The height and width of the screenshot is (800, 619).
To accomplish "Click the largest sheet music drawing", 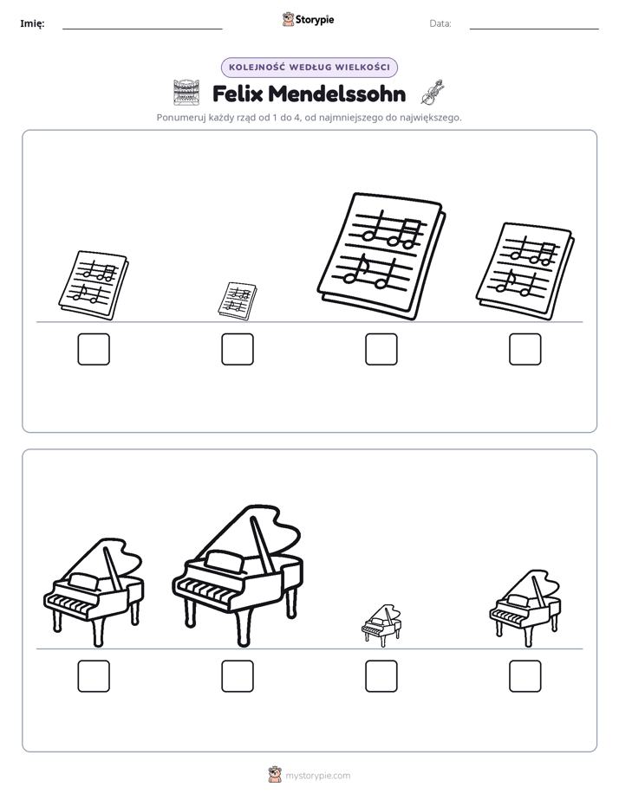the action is pyautogui.click(x=381, y=256).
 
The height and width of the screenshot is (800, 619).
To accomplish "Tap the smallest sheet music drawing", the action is pyautogui.click(x=238, y=301).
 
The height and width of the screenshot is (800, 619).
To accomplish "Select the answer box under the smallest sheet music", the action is pyautogui.click(x=238, y=350).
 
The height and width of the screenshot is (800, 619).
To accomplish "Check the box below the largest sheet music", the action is pyautogui.click(x=381, y=350).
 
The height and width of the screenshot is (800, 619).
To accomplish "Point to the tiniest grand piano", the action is pyautogui.click(x=381, y=625).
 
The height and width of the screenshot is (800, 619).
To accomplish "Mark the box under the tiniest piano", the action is pyautogui.click(x=381, y=676).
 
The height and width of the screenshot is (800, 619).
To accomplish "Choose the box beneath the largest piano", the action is pyautogui.click(x=238, y=676).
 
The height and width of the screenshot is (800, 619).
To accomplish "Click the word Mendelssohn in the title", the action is pyautogui.click(x=336, y=94).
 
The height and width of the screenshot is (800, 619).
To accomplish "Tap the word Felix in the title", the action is pyautogui.click(x=238, y=94).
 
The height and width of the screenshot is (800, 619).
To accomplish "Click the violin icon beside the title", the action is pyautogui.click(x=433, y=93).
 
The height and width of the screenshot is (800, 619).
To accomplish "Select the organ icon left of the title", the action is pyautogui.click(x=186, y=93).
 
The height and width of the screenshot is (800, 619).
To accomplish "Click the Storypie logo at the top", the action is pyautogui.click(x=309, y=20).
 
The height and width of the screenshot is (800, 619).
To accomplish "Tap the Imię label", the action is pyautogui.click(x=32, y=23).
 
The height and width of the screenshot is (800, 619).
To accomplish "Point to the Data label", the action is pyautogui.click(x=440, y=23).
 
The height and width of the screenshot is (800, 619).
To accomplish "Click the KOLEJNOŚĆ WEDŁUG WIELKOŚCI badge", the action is pyautogui.click(x=309, y=68).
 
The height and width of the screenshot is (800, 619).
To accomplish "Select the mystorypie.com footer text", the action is pyautogui.click(x=317, y=776).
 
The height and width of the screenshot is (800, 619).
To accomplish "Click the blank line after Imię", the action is pyautogui.click(x=142, y=29).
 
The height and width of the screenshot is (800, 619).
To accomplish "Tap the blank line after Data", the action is pyautogui.click(x=534, y=29).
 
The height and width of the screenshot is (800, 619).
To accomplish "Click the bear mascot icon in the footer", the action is pyautogui.click(x=275, y=775).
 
